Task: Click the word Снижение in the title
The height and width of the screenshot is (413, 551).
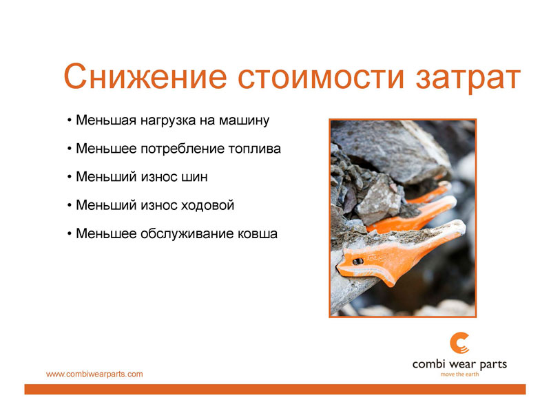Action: click(145, 76)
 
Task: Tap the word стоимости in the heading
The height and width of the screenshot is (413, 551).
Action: click(321, 77)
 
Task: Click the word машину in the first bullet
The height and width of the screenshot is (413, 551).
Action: click(245, 121)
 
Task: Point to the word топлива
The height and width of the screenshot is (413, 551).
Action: click(254, 149)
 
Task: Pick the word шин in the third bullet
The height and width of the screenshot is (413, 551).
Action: click(194, 177)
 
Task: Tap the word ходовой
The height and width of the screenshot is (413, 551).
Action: click(207, 205)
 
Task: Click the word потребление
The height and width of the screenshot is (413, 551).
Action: click(183, 149)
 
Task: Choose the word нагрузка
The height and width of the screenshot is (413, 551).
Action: click(168, 121)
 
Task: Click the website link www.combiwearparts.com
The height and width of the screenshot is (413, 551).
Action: click(94, 374)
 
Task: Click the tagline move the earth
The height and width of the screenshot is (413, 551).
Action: click(459, 374)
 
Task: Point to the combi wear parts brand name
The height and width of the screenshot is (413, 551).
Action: click(459, 365)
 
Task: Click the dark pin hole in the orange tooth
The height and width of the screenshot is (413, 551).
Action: click(357, 262)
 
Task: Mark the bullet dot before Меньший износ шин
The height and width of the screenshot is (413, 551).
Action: click(70, 178)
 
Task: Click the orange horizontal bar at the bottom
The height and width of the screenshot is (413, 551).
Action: click(275, 389)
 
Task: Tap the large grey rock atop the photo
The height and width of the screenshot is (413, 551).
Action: click(390, 149)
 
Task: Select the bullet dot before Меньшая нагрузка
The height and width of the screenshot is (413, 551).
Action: click(70, 121)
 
